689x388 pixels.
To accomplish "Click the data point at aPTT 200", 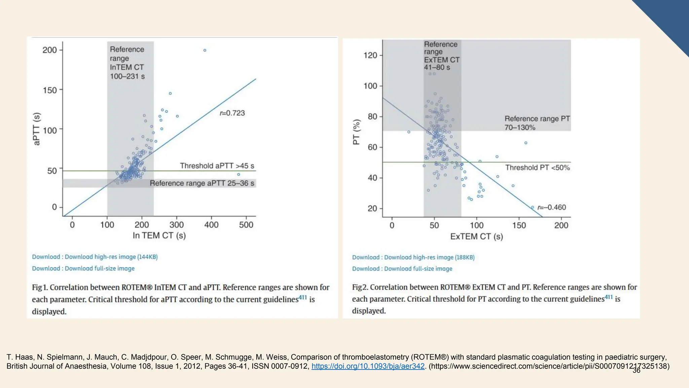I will click(x=205, y=51).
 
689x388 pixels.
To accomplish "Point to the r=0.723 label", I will click(x=232, y=113).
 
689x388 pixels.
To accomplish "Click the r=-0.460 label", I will click(x=551, y=207).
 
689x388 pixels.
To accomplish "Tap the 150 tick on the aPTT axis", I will click(x=50, y=90).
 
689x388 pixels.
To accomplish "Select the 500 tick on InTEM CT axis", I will click(x=246, y=225).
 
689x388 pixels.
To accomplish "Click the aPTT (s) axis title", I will click(x=37, y=129).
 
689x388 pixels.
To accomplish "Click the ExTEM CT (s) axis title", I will click(x=476, y=236).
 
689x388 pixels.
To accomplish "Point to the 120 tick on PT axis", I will click(x=370, y=55).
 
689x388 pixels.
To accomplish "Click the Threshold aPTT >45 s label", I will click(x=217, y=166).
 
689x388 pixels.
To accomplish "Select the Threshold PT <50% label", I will click(x=537, y=168).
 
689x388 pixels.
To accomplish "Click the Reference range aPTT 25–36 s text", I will click(x=202, y=183).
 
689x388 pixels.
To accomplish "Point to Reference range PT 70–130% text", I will click(x=537, y=123).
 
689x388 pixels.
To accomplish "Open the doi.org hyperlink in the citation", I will click(x=368, y=366).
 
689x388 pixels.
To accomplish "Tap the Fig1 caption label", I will click(x=40, y=287).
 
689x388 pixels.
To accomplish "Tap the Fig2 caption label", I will click(x=360, y=287).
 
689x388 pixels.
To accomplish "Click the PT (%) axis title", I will click(x=356, y=132).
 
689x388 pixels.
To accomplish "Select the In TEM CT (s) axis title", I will click(x=159, y=235).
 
